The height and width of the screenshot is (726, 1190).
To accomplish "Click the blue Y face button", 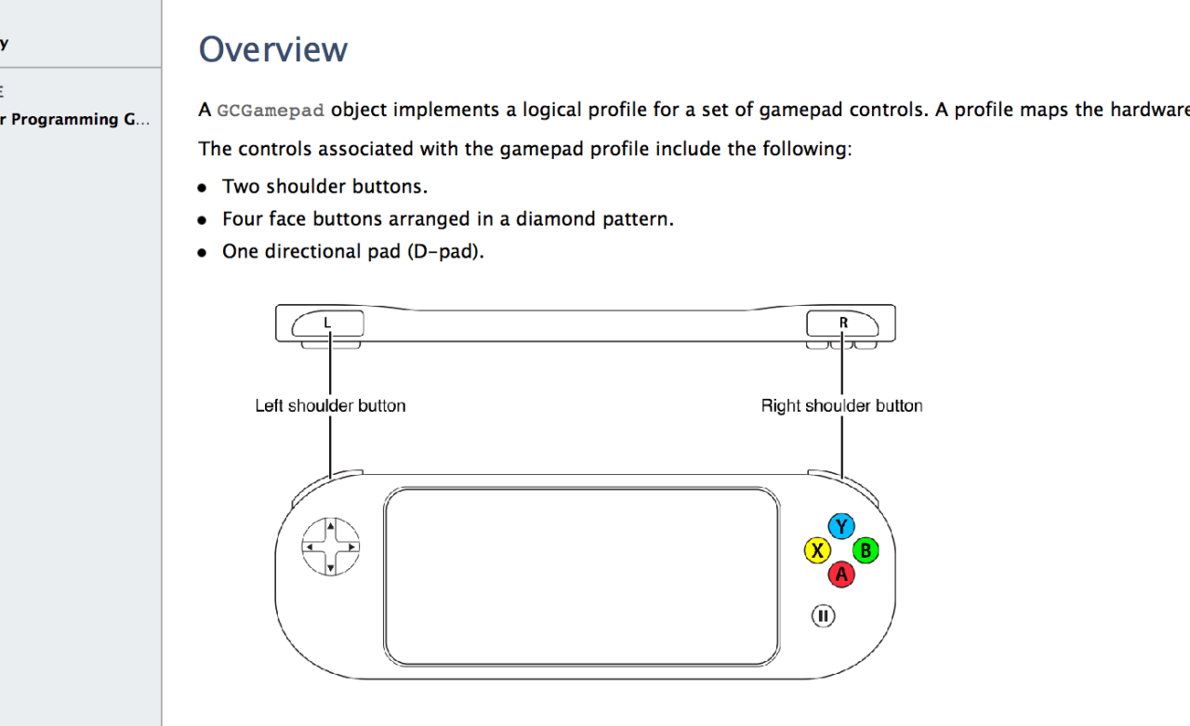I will pyautogui.click(x=841, y=526).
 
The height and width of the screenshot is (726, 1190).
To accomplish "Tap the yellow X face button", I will pyautogui.click(x=817, y=550).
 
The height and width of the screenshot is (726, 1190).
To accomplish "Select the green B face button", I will pyautogui.click(x=866, y=550).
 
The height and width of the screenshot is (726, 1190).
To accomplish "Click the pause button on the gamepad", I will pyautogui.click(x=823, y=615).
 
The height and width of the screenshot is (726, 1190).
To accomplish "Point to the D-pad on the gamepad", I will pyautogui.click(x=330, y=547).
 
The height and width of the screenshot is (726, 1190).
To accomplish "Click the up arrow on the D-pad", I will pyautogui.click(x=330, y=527).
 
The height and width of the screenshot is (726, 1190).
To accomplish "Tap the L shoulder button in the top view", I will pyautogui.click(x=328, y=323).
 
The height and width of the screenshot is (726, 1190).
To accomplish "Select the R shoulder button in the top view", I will pyautogui.click(x=843, y=323).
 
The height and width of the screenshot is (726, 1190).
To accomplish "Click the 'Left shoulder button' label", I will pyautogui.click(x=330, y=405).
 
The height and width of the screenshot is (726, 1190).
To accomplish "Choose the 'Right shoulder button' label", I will pyautogui.click(x=841, y=405).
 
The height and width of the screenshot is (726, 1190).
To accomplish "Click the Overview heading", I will pyautogui.click(x=273, y=49).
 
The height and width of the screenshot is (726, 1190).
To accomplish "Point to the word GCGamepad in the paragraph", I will pyautogui.click(x=271, y=111).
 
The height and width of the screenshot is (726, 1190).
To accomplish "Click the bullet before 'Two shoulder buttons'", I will pyautogui.click(x=203, y=187).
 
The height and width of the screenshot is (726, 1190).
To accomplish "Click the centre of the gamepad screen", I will pyautogui.click(x=582, y=575).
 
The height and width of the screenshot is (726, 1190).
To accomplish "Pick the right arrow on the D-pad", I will pyautogui.click(x=350, y=548).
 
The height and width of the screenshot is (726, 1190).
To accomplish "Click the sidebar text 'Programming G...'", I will pyautogui.click(x=80, y=119).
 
